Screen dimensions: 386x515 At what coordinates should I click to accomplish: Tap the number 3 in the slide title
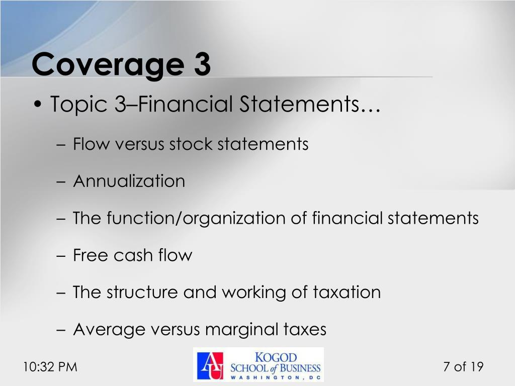200,64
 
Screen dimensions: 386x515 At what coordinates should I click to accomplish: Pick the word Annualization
129,181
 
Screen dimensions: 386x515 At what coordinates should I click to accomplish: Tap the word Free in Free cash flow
91,255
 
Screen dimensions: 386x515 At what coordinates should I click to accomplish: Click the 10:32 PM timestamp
50,367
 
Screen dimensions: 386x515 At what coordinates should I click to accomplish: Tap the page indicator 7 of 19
463,367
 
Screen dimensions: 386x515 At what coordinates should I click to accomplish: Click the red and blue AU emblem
210,365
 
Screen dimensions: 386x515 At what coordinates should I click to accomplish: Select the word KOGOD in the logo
276,357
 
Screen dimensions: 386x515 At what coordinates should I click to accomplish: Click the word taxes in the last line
304,329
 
